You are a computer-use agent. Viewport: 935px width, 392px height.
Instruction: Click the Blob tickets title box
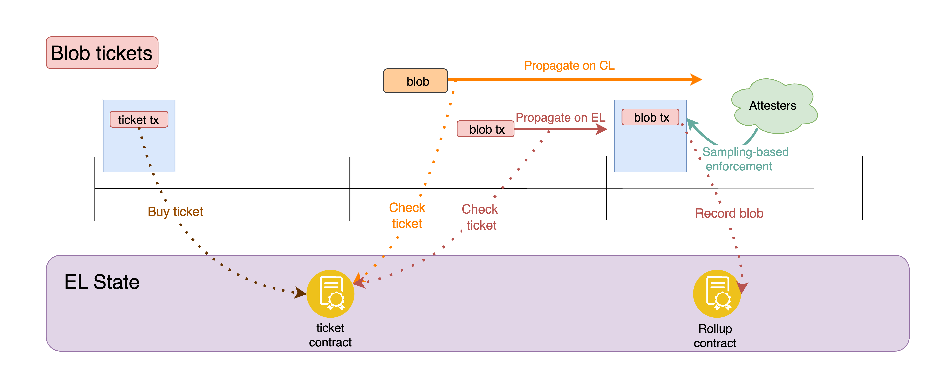(102, 53)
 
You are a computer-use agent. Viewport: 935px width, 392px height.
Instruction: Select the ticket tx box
(139, 120)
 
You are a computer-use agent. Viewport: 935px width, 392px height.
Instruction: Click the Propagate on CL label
(569, 66)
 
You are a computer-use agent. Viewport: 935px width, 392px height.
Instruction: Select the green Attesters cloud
(773, 106)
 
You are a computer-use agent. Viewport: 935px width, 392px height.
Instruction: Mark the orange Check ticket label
(407, 215)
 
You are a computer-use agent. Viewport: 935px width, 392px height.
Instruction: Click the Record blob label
(729, 213)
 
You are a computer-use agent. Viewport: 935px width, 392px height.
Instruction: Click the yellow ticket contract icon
(330, 294)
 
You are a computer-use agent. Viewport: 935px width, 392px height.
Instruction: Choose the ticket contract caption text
(330, 335)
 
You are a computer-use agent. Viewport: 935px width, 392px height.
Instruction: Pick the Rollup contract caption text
(715, 336)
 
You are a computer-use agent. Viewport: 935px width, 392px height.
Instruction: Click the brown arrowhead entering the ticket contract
(300, 292)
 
